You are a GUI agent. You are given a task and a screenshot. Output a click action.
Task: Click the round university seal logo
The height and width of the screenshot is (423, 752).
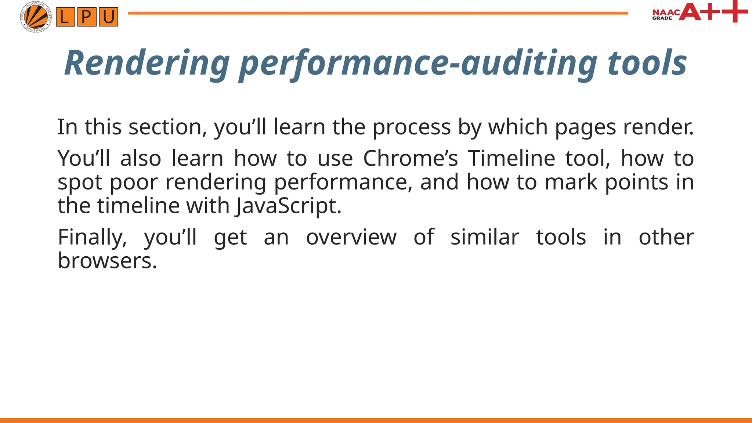(x=36, y=17)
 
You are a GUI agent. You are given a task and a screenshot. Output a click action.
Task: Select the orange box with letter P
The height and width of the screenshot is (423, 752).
(x=87, y=17)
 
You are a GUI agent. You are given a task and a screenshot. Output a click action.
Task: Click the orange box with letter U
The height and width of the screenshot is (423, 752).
(x=108, y=17)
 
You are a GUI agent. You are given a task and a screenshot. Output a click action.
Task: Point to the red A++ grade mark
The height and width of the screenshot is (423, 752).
(x=712, y=12)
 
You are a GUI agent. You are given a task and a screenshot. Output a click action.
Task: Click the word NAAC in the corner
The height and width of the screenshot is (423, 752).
(x=666, y=12)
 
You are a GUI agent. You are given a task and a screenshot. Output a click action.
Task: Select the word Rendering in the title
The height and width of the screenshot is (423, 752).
(x=147, y=63)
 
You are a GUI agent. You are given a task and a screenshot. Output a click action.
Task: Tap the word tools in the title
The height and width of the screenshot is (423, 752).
(x=647, y=63)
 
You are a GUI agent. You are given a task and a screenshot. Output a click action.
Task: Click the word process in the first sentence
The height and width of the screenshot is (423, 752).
(x=411, y=127)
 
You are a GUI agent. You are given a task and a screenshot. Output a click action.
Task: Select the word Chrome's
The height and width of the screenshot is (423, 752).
(x=411, y=159)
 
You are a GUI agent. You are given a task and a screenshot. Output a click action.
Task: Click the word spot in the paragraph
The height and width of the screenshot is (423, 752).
(x=80, y=182)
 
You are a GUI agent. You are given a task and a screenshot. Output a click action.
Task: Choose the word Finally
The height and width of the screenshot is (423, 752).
(x=92, y=237)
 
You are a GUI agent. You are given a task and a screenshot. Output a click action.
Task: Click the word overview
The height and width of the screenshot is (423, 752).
(x=351, y=237)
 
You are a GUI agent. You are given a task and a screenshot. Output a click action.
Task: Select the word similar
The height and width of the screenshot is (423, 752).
(x=485, y=237)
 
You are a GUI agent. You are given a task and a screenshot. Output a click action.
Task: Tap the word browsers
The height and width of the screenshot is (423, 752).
(x=107, y=261)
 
